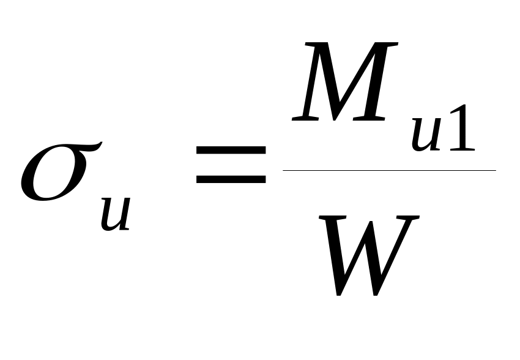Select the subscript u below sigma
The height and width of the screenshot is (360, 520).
point(116,214)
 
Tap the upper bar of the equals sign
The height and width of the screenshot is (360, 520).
point(231,150)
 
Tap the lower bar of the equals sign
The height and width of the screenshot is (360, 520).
point(231,179)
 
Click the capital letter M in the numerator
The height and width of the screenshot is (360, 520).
point(345,81)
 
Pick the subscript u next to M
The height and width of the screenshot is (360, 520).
point(426,135)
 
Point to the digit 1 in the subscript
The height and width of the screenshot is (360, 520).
point(462,129)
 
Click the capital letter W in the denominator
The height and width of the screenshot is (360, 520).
point(369,255)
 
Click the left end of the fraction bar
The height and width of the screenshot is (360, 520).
point(283,170)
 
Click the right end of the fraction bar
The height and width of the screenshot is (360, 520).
point(496,170)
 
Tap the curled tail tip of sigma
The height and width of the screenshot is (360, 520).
point(101,143)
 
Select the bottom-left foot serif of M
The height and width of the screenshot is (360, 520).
point(305,119)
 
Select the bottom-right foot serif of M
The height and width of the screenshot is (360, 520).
point(369,119)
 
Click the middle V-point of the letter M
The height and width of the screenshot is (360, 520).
point(335,119)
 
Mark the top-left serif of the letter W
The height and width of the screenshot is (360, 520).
point(332,217)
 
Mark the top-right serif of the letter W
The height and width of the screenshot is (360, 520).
point(408,217)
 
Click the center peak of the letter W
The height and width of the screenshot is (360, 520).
point(371,222)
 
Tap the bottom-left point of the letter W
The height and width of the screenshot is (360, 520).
point(338,294)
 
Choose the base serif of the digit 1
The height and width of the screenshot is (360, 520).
point(462,149)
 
